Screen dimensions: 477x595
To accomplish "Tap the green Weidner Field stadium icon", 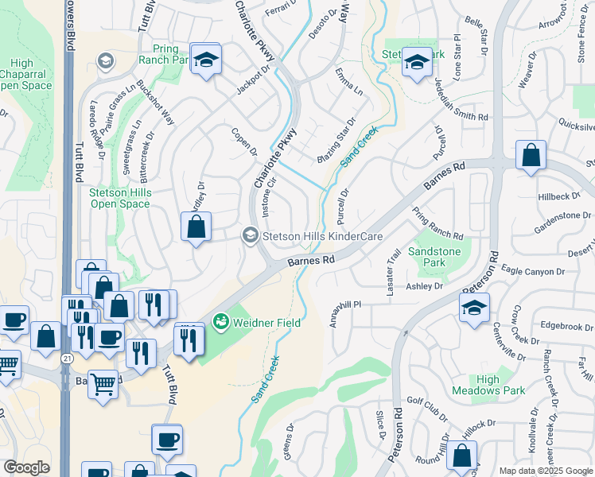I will pos(220,322).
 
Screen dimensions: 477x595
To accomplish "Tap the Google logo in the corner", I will pos(26,467).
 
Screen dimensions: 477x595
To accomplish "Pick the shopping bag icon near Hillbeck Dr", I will pos(531,156).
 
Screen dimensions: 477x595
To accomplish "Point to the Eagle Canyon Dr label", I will pos(533,271).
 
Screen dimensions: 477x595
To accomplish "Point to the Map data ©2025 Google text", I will pos(546,471).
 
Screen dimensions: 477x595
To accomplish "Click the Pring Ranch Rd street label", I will pos(437,224).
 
